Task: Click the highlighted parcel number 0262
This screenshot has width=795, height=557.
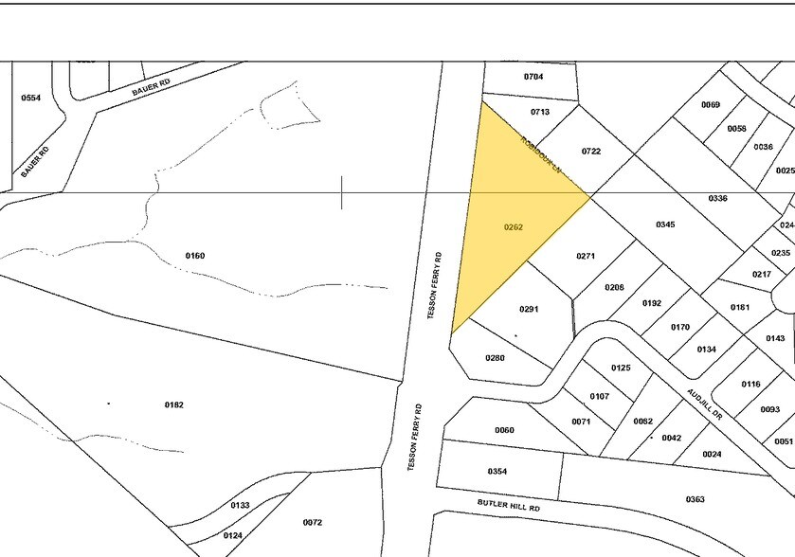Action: (x=515, y=226)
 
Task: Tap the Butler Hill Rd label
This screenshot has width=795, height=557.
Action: (x=509, y=508)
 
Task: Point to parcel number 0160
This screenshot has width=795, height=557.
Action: (x=195, y=256)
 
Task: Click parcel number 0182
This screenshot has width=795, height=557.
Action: (x=173, y=404)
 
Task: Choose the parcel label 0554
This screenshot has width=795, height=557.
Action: (x=31, y=98)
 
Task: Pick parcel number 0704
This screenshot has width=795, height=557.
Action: (x=533, y=76)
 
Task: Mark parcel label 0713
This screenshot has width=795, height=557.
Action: (x=540, y=112)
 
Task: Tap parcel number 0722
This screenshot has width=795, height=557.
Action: (x=591, y=152)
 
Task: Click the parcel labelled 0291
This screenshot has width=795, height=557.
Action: (x=529, y=309)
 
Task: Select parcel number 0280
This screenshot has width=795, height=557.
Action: (x=495, y=357)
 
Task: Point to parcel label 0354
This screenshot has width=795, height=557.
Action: (x=497, y=471)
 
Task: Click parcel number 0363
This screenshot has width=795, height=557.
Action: (x=695, y=498)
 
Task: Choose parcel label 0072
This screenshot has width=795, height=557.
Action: (x=313, y=522)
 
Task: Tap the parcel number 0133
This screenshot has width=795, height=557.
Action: (x=241, y=505)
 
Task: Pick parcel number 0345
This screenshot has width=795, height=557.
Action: (x=665, y=225)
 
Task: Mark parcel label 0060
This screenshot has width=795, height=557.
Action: (x=504, y=430)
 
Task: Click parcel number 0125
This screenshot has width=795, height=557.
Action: (x=621, y=367)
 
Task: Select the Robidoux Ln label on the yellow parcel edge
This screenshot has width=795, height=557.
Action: (x=541, y=156)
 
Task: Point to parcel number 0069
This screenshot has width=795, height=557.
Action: (x=711, y=104)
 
